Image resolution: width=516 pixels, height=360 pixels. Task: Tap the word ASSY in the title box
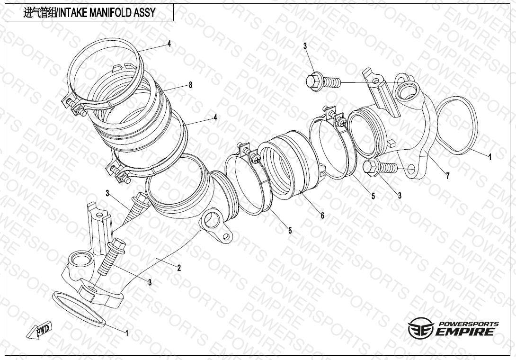[x=145, y=13]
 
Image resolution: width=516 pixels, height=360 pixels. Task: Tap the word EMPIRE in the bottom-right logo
[x=465, y=332]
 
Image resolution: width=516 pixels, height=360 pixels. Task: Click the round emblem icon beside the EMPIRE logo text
[x=421, y=328]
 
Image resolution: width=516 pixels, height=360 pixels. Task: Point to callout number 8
[x=190, y=85]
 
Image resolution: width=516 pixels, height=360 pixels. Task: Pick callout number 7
[x=447, y=176]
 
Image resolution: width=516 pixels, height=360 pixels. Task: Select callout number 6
[x=322, y=216]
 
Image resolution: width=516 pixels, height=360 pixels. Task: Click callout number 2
[x=179, y=268]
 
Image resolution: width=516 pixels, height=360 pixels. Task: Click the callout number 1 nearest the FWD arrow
[x=127, y=333]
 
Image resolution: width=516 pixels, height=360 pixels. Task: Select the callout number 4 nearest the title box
[x=169, y=44]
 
